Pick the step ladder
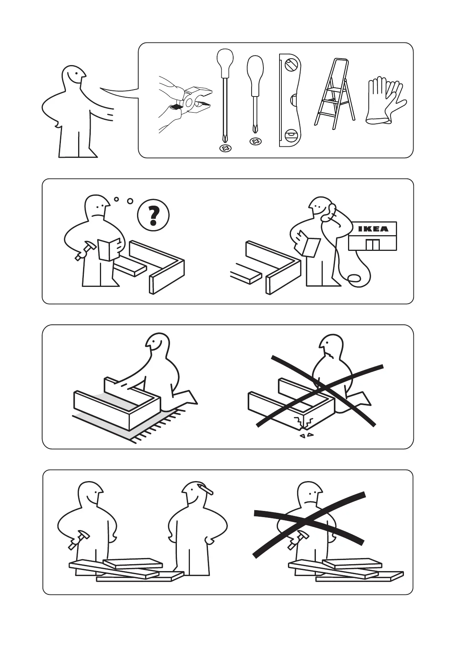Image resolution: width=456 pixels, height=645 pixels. [x=334, y=94]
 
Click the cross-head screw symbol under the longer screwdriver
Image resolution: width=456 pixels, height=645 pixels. [x=225, y=149]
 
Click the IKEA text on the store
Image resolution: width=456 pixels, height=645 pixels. [x=373, y=229]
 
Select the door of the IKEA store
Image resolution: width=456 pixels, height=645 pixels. [x=373, y=244]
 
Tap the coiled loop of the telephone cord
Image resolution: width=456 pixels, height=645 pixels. [x=354, y=279]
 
